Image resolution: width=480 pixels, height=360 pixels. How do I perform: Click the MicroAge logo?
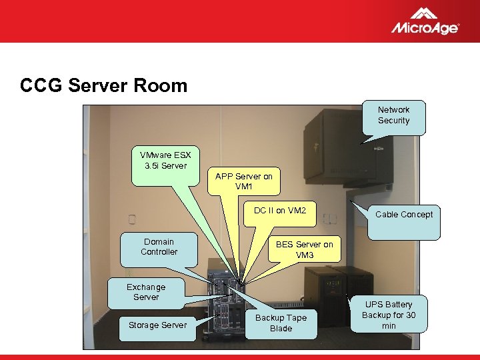click(425, 21)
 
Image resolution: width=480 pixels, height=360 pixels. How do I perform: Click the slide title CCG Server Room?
click(103, 86)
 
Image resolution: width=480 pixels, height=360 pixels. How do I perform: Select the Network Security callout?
click(393, 115)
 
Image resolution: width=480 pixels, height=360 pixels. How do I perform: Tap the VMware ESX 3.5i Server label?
click(161, 161)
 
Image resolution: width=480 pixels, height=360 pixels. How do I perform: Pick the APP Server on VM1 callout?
click(243, 181)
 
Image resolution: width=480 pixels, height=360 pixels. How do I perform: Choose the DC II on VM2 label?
click(279, 211)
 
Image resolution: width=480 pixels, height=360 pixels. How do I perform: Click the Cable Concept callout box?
click(403, 215)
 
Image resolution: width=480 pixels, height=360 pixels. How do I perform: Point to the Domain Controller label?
click(159, 247)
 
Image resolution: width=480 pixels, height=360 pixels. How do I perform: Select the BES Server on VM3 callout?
click(304, 250)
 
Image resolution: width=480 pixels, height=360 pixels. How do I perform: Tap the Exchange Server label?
click(146, 292)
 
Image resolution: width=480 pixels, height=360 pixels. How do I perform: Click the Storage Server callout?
click(157, 325)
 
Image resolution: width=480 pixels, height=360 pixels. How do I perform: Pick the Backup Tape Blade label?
click(281, 323)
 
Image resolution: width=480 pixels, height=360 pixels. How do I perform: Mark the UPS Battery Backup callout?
click(388, 315)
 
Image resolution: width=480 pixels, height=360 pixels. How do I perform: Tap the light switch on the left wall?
click(132, 219)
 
